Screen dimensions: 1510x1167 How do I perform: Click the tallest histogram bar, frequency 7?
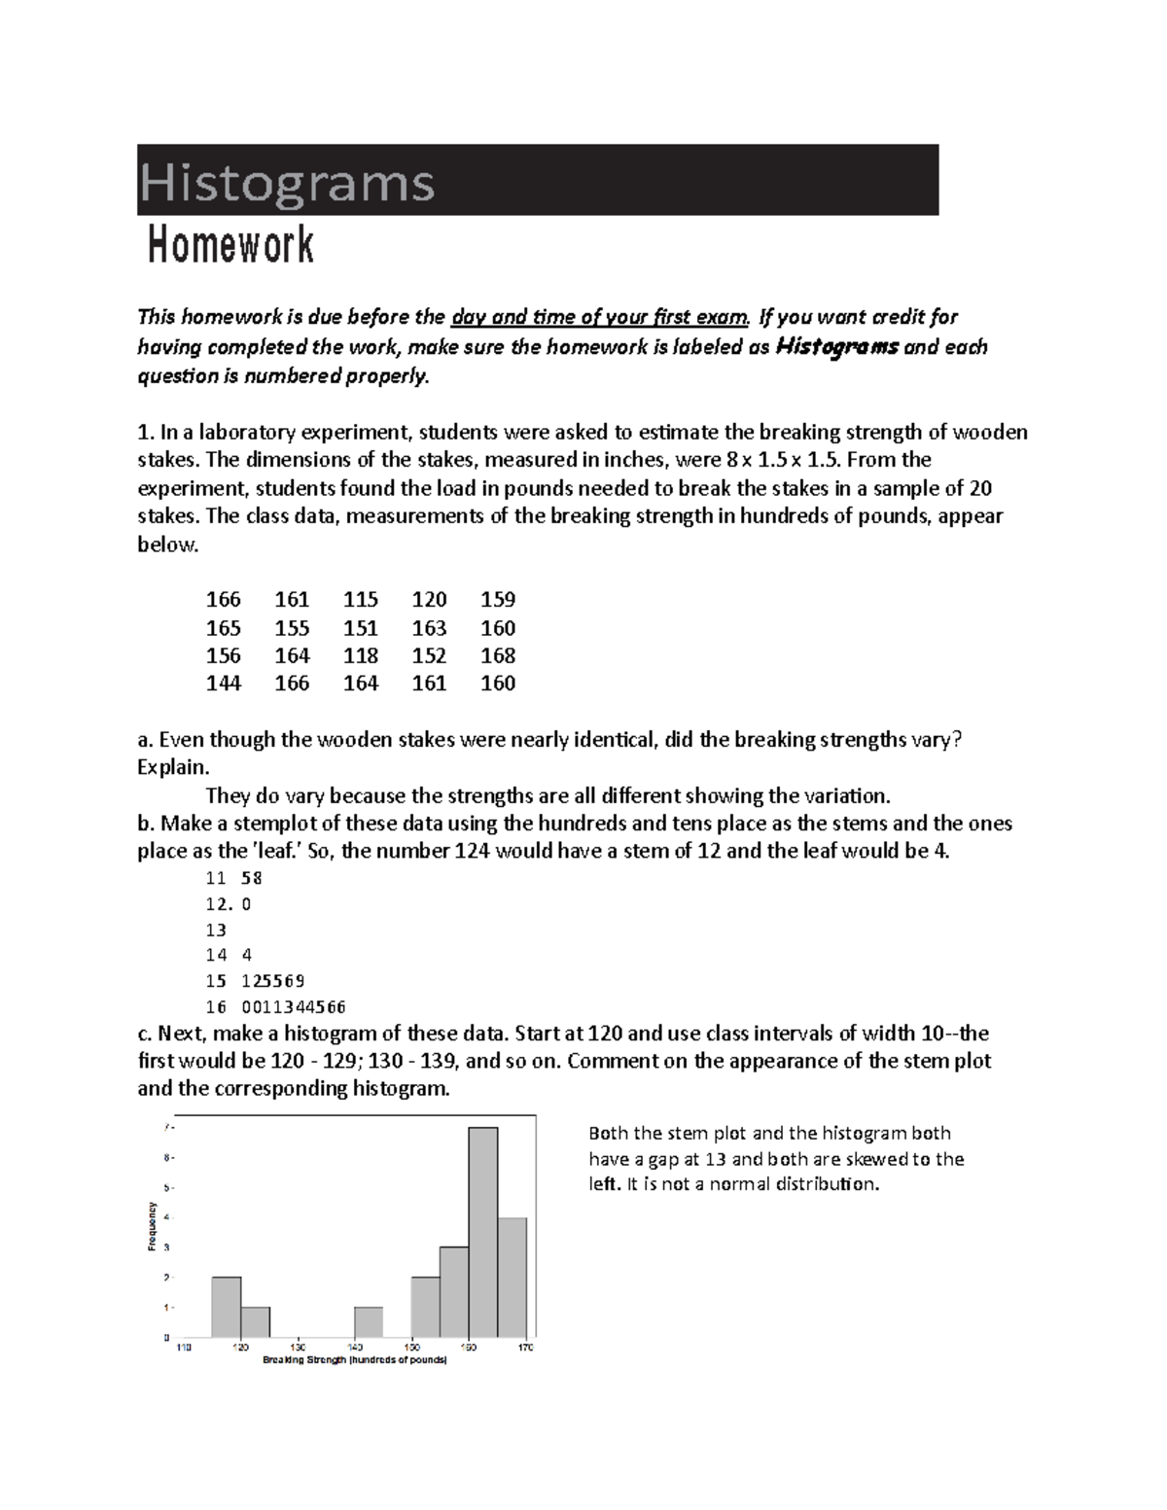coord(483,1232)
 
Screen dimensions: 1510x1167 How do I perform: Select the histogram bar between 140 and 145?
coord(369,1321)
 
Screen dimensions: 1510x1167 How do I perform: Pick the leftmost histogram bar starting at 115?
coord(227,1307)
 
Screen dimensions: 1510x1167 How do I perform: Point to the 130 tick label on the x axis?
coord(298,1348)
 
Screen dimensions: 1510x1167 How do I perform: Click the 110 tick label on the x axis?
coord(184,1348)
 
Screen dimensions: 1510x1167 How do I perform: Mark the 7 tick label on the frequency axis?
coord(166,1128)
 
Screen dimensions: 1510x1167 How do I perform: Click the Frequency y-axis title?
coord(152,1227)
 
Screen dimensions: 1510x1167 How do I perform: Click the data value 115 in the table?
coord(361,600)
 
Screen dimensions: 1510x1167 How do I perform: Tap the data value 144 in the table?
coord(224,684)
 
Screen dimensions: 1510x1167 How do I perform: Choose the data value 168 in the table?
coord(498,655)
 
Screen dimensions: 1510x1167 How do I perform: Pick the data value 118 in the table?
coord(361,655)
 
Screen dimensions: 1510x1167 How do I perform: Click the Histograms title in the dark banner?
coord(287,182)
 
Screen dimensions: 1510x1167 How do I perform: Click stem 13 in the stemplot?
coord(216,930)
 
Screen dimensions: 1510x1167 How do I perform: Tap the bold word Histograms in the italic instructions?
coord(837,347)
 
